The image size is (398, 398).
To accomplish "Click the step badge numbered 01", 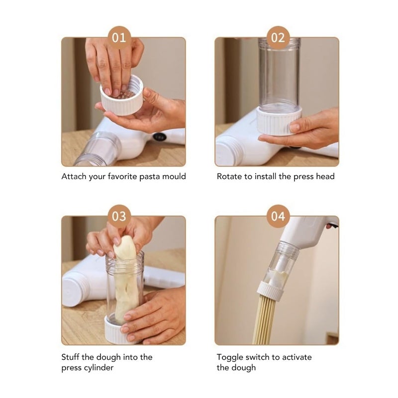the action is click(119, 38).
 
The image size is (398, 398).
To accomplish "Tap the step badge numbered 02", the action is click(278, 38).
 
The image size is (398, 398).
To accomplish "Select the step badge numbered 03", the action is click(119, 216).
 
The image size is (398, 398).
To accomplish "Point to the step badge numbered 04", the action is click(278, 216).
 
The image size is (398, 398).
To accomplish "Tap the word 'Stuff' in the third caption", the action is click(70, 357).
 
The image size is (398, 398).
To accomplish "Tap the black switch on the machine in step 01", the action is click(160, 136).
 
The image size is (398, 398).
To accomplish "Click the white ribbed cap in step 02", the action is click(279, 121).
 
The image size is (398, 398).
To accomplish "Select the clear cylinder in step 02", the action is click(279, 74).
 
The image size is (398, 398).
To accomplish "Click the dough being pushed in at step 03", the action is click(126, 279).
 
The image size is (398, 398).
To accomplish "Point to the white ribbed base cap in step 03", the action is click(117, 330).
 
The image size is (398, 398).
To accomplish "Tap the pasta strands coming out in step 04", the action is click(264, 321).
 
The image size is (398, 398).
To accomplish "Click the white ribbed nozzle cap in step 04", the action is click(270, 292).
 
